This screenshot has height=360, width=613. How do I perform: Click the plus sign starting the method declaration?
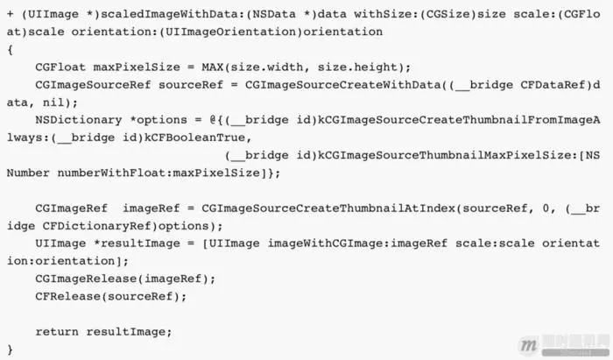(x=10, y=14)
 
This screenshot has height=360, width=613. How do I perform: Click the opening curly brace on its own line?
(x=10, y=49)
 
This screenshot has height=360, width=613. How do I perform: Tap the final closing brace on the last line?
(x=10, y=349)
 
